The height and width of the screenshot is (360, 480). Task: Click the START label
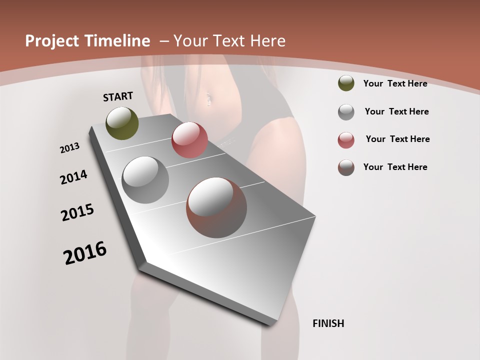point(118,96)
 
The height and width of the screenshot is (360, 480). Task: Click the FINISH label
point(328,323)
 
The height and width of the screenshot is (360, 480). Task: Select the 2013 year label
point(70,148)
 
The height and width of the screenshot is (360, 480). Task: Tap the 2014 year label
point(73,177)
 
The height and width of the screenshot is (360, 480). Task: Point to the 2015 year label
point(77,212)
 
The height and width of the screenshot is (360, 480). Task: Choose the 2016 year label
point(85,253)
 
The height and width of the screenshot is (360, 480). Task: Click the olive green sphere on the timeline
point(122,123)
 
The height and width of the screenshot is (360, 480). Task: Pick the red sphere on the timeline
point(189,140)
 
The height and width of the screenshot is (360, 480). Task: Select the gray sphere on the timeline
point(145,180)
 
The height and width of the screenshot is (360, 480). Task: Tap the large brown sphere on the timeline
point(216,207)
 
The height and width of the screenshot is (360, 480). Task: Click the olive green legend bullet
point(346,83)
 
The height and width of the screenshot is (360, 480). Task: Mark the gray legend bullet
point(346,112)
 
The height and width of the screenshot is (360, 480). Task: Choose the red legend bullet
point(346,140)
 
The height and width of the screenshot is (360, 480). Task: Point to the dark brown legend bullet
point(346,167)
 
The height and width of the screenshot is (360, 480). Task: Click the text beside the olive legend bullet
point(395,83)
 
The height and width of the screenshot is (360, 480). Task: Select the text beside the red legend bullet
point(397,139)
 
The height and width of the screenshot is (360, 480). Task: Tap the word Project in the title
point(53,41)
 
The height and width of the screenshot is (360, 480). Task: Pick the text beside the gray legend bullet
point(396,111)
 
